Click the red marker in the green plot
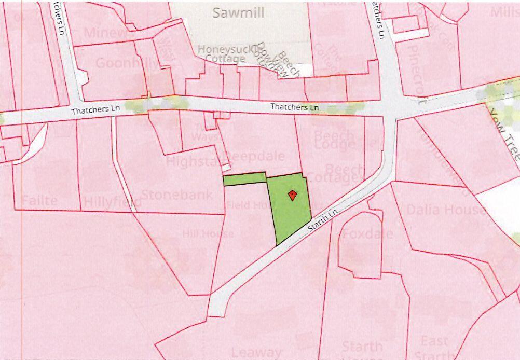tap(292, 195)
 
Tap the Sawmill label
tap(238, 13)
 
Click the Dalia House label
tap(446, 210)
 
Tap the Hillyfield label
tap(112, 201)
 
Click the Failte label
tap(39, 200)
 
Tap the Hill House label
tap(208, 234)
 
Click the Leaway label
tap(257, 353)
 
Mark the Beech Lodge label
tap(334, 141)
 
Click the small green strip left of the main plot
tap(244, 180)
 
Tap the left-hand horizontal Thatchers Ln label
tap(96, 111)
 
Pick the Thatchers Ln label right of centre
tap(294, 107)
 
